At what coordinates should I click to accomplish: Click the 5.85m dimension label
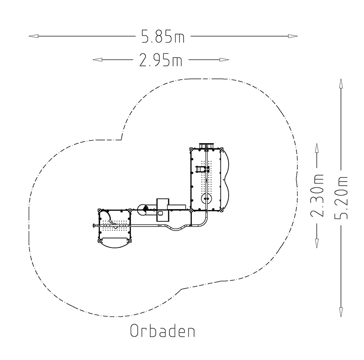163,36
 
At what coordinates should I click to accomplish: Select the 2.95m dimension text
161,60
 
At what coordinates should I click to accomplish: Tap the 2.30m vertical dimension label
317,195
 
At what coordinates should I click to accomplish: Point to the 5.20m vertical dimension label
341,197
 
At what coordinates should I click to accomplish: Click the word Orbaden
163,330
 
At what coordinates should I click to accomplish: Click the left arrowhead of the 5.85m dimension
34,36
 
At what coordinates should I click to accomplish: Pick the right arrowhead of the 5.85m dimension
293,36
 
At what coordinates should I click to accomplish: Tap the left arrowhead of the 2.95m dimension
97,59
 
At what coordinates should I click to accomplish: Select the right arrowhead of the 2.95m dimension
224,59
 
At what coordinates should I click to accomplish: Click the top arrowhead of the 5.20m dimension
341,84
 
